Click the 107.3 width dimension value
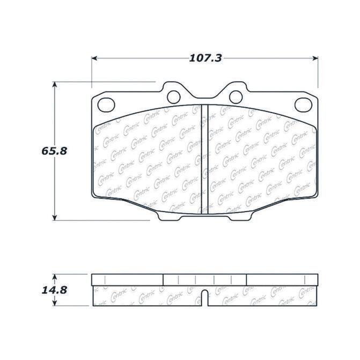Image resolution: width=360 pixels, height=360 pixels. (205, 58)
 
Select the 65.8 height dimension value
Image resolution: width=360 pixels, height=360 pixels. (54, 151)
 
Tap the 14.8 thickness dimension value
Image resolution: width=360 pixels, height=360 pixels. (54, 290)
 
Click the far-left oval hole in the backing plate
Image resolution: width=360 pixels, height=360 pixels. (106, 105)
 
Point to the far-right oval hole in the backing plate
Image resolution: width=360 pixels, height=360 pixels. (303, 105)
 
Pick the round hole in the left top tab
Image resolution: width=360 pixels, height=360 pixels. (174, 97)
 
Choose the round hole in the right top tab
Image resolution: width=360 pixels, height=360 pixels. (236, 97)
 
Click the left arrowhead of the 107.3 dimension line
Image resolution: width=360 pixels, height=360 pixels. (94, 58)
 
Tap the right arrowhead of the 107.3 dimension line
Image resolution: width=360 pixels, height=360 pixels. (315, 58)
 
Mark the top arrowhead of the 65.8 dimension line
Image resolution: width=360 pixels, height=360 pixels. (54, 84)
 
